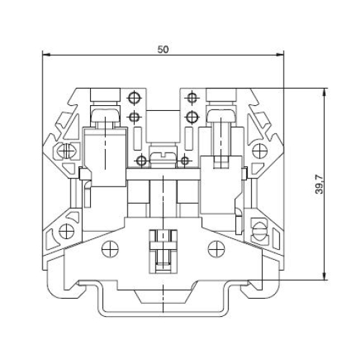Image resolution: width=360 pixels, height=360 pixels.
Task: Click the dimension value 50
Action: (x=163, y=49)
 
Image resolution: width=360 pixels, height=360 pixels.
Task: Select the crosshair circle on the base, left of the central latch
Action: (x=111, y=248)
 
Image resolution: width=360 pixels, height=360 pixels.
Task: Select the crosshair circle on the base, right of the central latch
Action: (x=214, y=248)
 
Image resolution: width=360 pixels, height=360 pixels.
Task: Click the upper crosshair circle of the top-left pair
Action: (x=134, y=98)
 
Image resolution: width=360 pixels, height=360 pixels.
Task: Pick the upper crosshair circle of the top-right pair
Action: (x=192, y=98)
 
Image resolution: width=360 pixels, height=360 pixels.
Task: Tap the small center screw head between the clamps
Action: (x=163, y=153)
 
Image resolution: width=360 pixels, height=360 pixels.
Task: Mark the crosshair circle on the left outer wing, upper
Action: (x=66, y=152)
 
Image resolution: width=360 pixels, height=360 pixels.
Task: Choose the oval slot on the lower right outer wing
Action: (x=260, y=232)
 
